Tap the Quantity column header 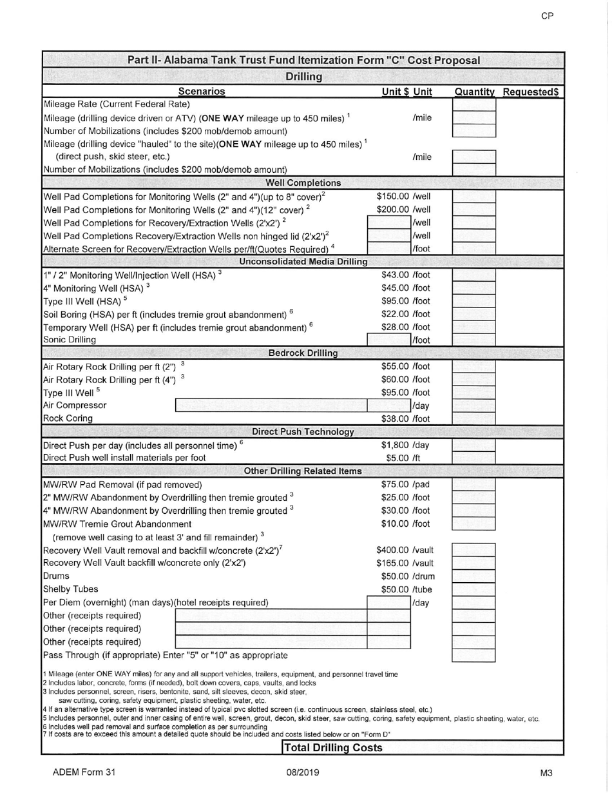(x=474, y=92)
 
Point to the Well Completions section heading (x=303, y=182)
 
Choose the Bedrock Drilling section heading (x=303, y=353)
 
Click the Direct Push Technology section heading (x=303, y=431)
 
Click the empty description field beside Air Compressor (x=271, y=406)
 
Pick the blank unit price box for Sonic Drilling (x=388, y=340)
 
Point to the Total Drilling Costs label (x=333, y=748)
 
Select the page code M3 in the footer (x=546, y=772)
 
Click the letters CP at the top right (x=547, y=16)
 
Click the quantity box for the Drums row (x=473, y=576)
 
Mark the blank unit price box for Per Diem (x=388, y=603)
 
